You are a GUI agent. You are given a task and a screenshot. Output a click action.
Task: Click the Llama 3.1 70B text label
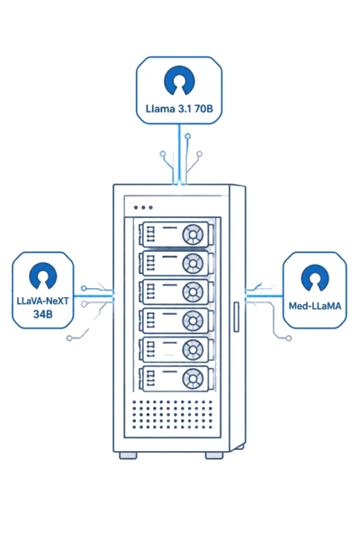(x=179, y=109)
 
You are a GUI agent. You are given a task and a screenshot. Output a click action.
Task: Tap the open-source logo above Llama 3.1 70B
(x=179, y=81)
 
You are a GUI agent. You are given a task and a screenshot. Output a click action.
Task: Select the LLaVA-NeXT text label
(x=42, y=301)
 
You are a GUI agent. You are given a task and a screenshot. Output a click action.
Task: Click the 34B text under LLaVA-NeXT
(x=42, y=314)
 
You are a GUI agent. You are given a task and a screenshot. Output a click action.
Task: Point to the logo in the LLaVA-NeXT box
(x=43, y=275)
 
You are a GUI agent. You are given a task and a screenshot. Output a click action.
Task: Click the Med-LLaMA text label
(x=315, y=305)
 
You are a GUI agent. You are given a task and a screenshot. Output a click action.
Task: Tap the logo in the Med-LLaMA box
(x=315, y=277)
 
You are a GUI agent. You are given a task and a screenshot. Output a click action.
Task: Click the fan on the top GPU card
(x=193, y=235)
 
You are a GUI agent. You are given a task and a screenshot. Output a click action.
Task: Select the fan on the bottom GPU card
(x=193, y=379)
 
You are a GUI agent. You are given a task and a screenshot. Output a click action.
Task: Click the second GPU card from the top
(x=176, y=264)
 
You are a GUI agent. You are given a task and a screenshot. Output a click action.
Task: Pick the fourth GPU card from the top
(x=176, y=321)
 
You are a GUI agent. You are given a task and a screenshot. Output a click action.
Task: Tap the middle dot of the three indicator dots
(x=143, y=207)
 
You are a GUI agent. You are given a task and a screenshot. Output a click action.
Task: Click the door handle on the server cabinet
(x=237, y=317)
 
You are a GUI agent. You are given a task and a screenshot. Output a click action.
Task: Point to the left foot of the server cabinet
(x=128, y=455)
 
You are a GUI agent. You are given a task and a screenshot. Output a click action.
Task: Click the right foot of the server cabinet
(x=214, y=455)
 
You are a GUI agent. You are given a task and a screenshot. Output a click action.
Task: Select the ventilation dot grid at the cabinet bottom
(x=172, y=414)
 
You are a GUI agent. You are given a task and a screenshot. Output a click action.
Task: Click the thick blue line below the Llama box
(x=179, y=154)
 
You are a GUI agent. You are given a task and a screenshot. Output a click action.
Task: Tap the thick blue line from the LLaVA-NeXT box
(x=94, y=296)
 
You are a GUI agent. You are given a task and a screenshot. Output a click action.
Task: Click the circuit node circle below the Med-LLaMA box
(x=289, y=338)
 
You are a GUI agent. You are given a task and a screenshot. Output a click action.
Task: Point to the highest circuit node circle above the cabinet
(x=188, y=137)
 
